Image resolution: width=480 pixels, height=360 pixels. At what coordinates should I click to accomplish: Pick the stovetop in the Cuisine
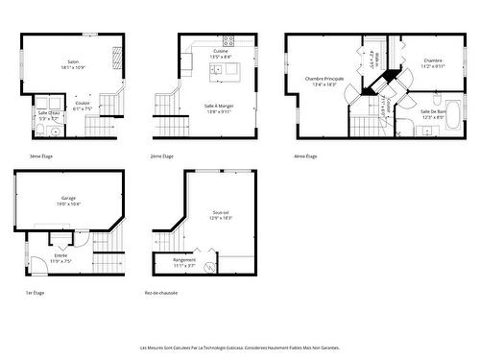click(228, 40)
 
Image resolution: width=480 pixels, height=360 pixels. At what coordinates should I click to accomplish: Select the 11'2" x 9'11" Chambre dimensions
click(432, 66)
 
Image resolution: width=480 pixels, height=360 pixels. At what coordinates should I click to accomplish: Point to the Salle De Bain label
click(432, 111)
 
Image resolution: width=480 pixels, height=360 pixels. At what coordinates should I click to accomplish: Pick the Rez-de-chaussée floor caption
click(160, 292)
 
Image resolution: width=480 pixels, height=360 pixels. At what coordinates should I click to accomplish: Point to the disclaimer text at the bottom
click(239, 348)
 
